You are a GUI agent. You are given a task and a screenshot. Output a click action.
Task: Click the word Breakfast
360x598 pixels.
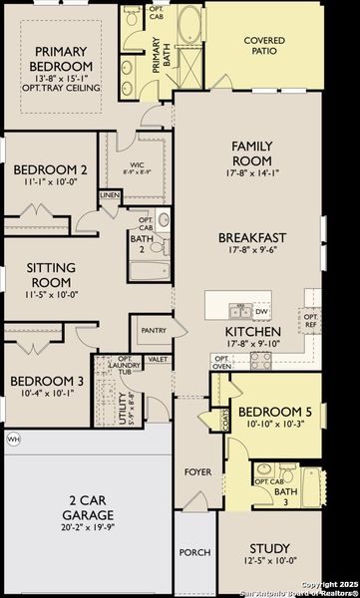(x=252, y=237)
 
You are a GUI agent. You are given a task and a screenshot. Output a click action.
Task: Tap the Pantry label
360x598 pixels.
(x=154, y=330)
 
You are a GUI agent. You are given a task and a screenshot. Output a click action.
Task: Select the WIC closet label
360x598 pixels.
(x=138, y=166)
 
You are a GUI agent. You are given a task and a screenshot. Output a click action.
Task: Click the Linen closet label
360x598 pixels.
(x=110, y=195)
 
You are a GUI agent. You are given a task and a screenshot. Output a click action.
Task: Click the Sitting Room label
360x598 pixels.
(x=51, y=274)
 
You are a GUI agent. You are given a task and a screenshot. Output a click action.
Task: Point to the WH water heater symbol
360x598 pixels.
(x=13, y=438)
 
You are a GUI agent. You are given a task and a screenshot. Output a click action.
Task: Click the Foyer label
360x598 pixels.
(x=196, y=471)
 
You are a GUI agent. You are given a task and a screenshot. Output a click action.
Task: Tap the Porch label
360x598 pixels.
(x=193, y=552)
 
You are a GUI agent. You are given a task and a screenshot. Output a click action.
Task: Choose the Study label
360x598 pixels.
(x=269, y=548)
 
